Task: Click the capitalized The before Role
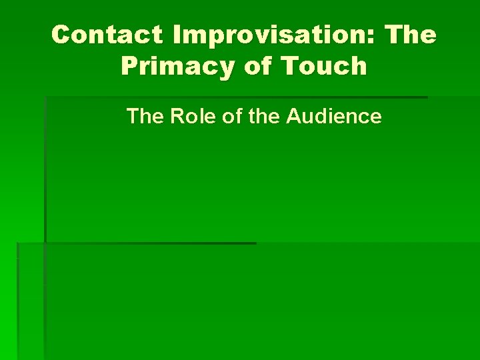(145, 117)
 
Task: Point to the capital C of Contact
(61, 35)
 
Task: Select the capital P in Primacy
(130, 66)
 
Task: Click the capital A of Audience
(293, 117)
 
